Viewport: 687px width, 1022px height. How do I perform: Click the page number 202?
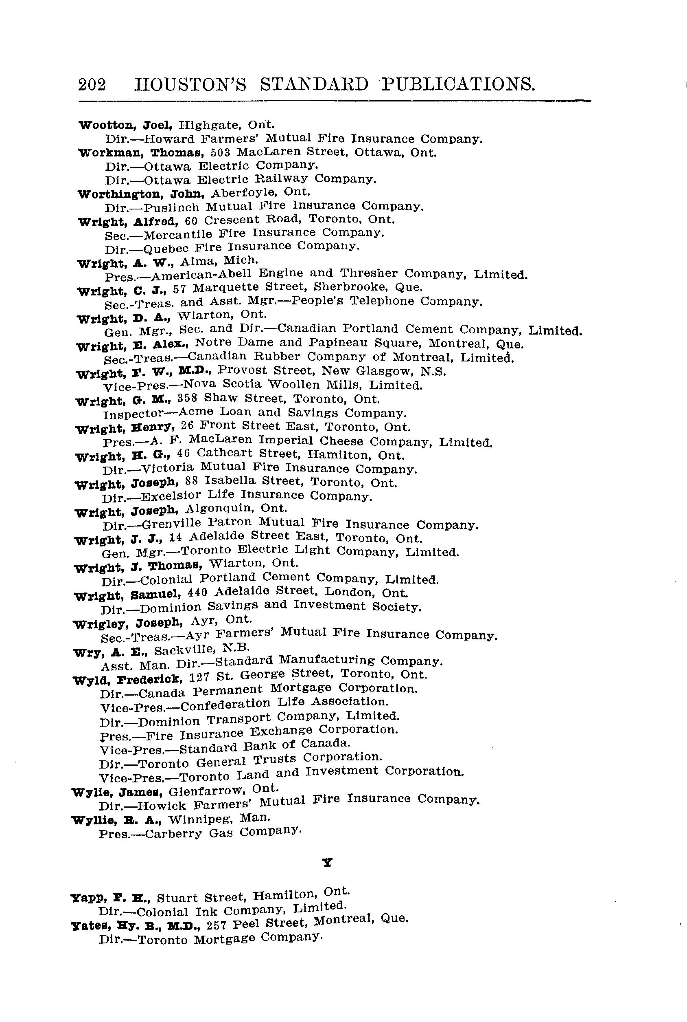[92, 84]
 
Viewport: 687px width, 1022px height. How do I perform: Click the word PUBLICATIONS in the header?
[458, 84]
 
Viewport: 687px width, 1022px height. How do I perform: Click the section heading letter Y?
[327, 862]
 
